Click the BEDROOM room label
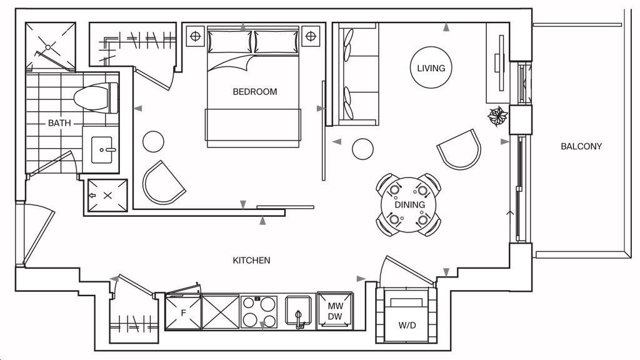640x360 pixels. (x=254, y=92)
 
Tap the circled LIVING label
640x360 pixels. (x=431, y=68)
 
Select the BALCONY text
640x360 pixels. (x=581, y=146)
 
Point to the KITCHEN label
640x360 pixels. (x=251, y=260)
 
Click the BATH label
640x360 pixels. (x=59, y=123)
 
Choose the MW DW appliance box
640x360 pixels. (x=335, y=311)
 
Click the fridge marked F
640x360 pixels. (x=183, y=312)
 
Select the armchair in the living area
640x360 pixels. (x=460, y=149)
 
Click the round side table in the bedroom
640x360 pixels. (x=154, y=141)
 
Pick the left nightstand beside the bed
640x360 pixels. (x=195, y=36)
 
